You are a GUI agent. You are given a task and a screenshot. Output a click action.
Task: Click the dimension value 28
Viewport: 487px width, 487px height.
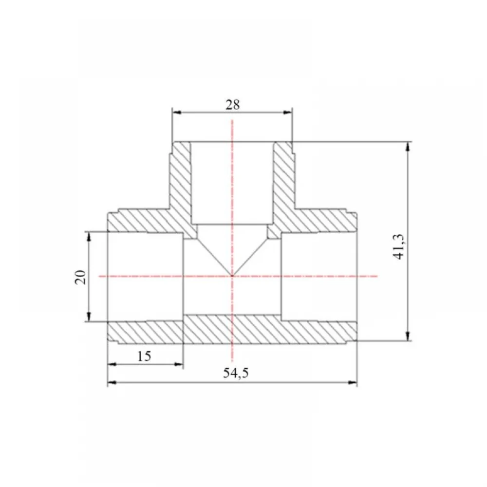pos(233,105)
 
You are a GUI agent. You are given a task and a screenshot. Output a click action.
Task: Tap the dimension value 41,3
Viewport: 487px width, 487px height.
pos(399,247)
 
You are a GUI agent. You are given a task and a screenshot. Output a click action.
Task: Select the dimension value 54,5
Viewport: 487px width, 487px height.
pos(236,373)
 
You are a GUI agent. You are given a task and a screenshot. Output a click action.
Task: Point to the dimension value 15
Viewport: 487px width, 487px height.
pos(144,356)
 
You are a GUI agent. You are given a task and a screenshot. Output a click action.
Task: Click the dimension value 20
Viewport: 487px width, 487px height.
pos(80,277)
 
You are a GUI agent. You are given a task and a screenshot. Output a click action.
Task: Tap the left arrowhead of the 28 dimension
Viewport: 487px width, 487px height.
pos(177,112)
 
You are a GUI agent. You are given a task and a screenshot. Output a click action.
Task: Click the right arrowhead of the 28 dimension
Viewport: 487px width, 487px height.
pos(288,112)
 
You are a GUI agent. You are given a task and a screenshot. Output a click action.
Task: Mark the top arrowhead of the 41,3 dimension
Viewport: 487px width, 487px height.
pos(408,147)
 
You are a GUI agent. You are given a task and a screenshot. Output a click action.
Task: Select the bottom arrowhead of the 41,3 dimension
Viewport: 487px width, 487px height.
pos(408,336)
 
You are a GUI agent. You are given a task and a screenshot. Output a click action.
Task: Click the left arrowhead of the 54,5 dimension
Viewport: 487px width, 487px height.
pos(112,383)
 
